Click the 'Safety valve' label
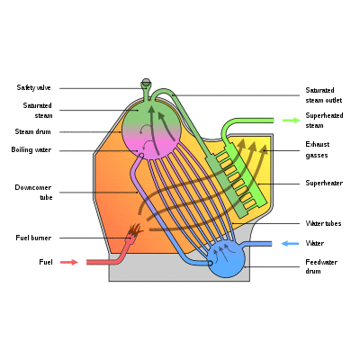pyautogui.click(x=33, y=87)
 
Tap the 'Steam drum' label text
pyautogui.click(x=32, y=131)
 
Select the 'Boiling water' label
pyautogui.click(x=31, y=149)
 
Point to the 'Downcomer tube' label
pyautogui.click(x=33, y=193)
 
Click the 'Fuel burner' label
pyautogui.click(x=33, y=238)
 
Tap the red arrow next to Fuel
pyautogui.click(x=69, y=262)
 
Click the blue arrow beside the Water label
pyautogui.click(x=290, y=243)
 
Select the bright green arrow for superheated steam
pyautogui.click(x=292, y=121)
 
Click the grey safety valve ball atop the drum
pyautogui.click(x=146, y=81)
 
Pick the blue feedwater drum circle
pyautogui.click(x=227, y=259)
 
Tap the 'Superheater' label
pyautogui.click(x=324, y=183)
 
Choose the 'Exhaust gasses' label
pyautogui.click(x=318, y=149)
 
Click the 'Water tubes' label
pyautogui.click(x=323, y=223)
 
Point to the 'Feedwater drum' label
pyautogui.click(x=321, y=266)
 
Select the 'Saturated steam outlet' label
pyautogui.click(x=324, y=95)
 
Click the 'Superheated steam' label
pyautogui.click(x=324, y=121)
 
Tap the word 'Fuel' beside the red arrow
pyautogui.click(x=46, y=262)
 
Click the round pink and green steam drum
pyautogui.click(x=152, y=130)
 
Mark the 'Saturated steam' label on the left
pyautogui.click(x=38, y=111)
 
